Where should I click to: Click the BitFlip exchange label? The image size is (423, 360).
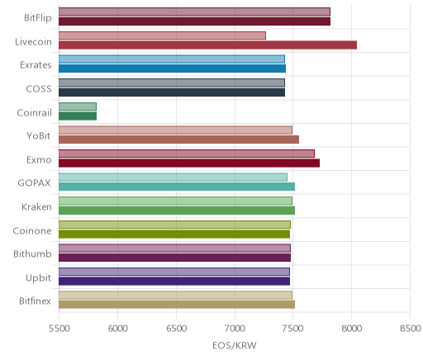(x=38, y=18)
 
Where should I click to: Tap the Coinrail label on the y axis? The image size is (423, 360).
(x=34, y=112)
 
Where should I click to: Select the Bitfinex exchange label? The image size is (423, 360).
(x=35, y=301)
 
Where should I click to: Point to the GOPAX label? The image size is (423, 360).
(x=34, y=183)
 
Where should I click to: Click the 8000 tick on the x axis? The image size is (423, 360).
(x=351, y=329)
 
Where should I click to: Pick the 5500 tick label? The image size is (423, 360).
(x=59, y=329)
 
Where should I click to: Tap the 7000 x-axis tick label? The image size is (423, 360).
(x=235, y=329)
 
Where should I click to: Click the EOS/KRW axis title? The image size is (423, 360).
(x=235, y=345)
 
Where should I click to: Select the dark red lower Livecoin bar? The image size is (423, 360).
(x=207, y=45)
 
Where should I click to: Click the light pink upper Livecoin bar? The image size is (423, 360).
(x=162, y=36)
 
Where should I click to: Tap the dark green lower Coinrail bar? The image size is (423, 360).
(x=78, y=116)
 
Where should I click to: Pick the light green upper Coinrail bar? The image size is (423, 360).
(x=78, y=107)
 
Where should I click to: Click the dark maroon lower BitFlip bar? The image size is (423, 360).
(x=194, y=21)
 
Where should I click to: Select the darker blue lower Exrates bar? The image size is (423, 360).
(x=172, y=69)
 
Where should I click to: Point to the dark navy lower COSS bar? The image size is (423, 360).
(x=172, y=92)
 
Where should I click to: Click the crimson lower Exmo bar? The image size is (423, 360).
(x=189, y=163)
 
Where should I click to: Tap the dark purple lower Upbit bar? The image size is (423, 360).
(x=174, y=282)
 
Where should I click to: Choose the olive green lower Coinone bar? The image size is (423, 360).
(x=174, y=234)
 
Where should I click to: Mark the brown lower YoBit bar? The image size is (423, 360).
(x=178, y=140)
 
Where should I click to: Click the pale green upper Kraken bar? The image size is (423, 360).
(x=175, y=201)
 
